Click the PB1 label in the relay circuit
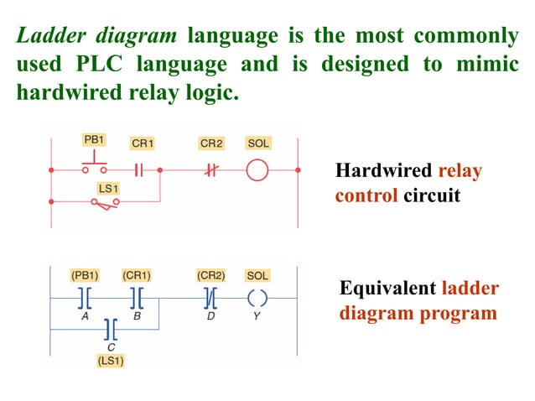tap(94, 138)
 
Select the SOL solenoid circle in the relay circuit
tap(257, 170)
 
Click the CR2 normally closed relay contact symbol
tap(210, 170)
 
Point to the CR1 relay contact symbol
tap(141, 170)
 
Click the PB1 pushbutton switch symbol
tap(94, 163)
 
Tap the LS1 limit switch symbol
tap(105, 203)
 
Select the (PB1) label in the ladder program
tap(85, 274)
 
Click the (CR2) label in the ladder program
tap(210, 274)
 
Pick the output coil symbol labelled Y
tap(257, 297)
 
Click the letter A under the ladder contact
tap(85, 318)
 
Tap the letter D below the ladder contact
tap(209, 318)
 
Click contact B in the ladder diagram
tap(136, 297)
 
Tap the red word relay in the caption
tap(460, 171)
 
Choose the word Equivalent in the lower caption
tap(387, 289)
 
